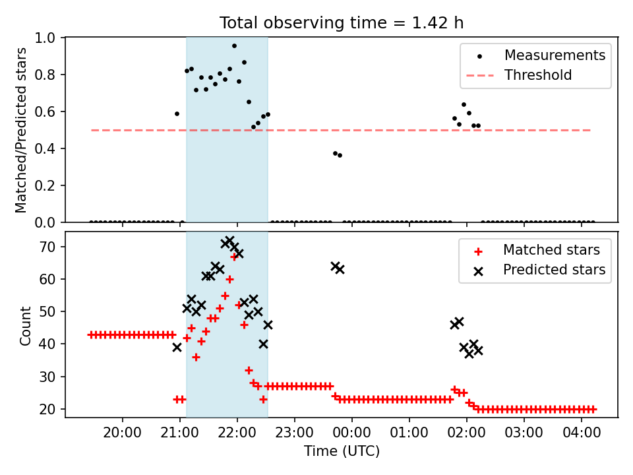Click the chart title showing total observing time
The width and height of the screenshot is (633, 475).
pos(342,22)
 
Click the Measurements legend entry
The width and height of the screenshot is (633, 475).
pos(535,55)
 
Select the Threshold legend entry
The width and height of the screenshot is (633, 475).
pos(519,75)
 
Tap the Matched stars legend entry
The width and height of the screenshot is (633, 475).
pos(536,250)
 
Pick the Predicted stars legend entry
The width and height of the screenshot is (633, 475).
pos(539,270)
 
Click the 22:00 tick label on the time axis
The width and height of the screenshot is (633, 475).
pos(237,433)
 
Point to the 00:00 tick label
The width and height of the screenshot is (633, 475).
pos(351,433)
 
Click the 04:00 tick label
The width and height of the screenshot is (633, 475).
pos(582,433)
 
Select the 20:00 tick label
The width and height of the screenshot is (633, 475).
pos(123,433)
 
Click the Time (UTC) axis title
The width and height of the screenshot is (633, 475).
pos(342,451)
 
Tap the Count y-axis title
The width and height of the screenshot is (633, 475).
pos(25,326)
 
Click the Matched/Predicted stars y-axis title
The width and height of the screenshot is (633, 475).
pos(20,130)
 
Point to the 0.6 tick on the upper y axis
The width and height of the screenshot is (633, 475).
pos(45,111)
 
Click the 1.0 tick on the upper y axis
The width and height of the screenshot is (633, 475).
pos(45,38)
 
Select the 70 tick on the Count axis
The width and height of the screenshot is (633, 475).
pos(47,247)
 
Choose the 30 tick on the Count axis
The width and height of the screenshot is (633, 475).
pos(47,377)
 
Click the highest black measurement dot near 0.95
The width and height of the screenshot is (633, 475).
pos(234,46)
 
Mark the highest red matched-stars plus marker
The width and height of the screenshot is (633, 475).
pos(234,257)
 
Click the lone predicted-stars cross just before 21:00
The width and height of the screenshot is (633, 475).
pos(177,348)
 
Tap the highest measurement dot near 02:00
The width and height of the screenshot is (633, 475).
pos(464,105)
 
